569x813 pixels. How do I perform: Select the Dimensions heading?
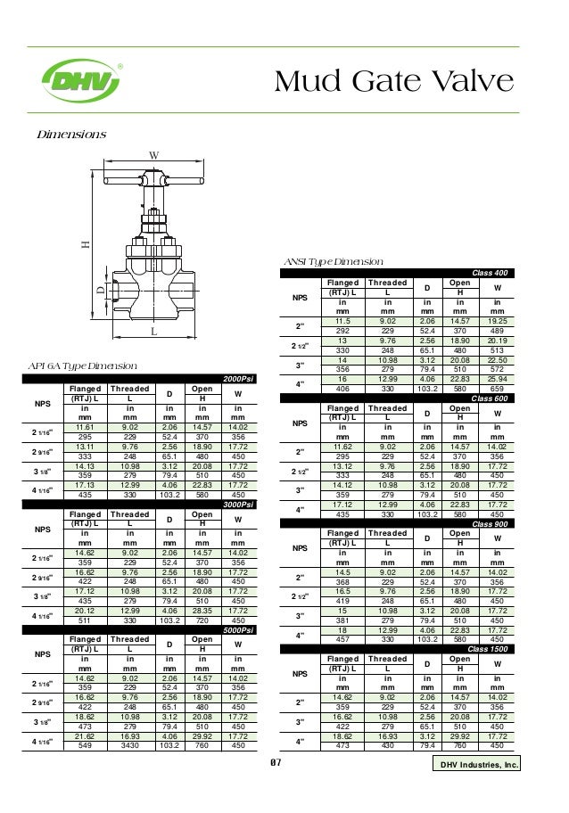(70, 135)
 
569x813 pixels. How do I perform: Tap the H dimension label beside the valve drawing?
(86, 243)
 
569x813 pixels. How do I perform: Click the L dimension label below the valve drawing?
(153, 331)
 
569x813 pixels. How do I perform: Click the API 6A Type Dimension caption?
(83, 366)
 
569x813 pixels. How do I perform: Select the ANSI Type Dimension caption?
(333, 262)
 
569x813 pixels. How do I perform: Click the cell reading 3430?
(129, 744)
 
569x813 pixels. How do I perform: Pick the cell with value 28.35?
(202, 612)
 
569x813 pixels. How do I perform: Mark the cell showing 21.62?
(86, 736)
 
